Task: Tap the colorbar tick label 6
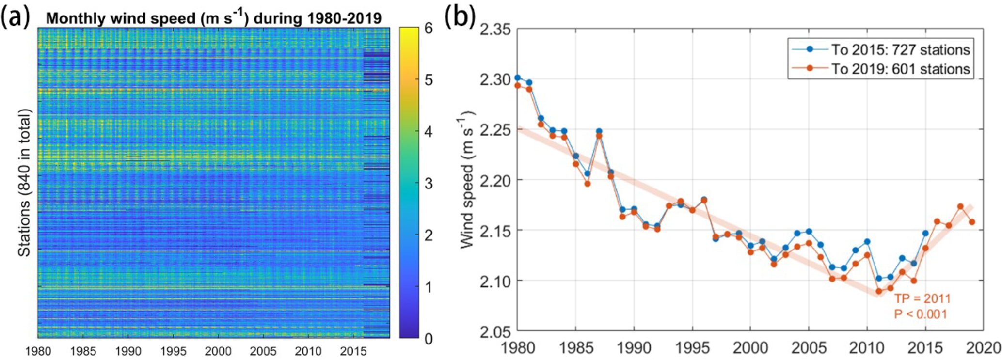(428, 29)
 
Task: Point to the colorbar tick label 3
(428, 184)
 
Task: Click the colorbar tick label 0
(428, 338)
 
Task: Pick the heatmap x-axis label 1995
(173, 351)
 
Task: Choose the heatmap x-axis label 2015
(352, 351)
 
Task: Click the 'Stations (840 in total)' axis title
(24, 183)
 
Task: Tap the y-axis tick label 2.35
(495, 30)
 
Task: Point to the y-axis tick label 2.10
(495, 281)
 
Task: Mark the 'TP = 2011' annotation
(922, 299)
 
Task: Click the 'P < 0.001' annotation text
(920, 314)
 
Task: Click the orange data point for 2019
(971, 222)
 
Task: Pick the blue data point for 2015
(925, 233)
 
